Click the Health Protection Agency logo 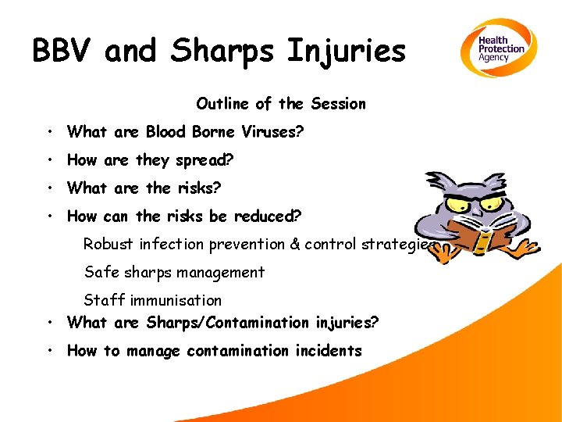pyautogui.click(x=496, y=48)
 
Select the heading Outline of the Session pyautogui.click(x=280, y=104)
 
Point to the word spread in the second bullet pyautogui.click(x=202, y=160)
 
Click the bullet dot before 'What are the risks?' pyautogui.click(x=48, y=188)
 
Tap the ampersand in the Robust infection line pyautogui.click(x=295, y=244)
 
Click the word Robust pyautogui.click(x=108, y=244)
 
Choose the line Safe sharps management pyautogui.click(x=174, y=272)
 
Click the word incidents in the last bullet pyautogui.click(x=328, y=350)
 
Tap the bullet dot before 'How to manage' pyautogui.click(x=48, y=350)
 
